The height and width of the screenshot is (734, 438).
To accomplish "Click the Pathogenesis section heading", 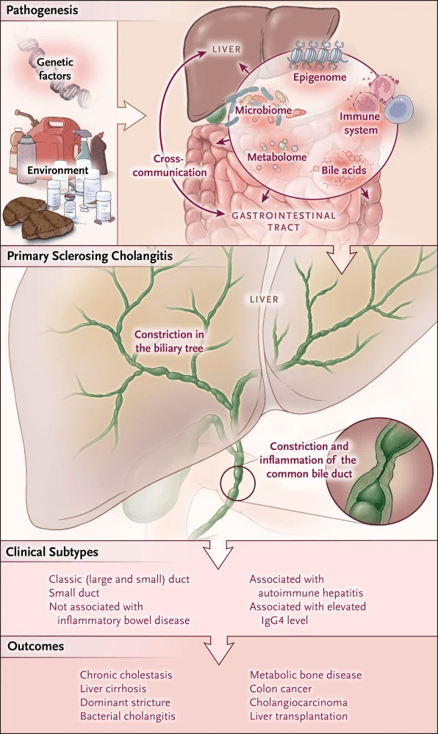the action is tap(42, 10).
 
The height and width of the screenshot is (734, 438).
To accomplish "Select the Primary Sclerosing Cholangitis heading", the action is tap(90, 256).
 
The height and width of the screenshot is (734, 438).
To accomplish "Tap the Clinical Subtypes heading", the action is tap(52, 552).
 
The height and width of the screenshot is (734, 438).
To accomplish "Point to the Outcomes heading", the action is tap(35, 647).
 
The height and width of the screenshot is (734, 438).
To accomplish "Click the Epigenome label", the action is tap(320, 77).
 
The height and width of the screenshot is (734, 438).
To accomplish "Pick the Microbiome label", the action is tap(263, 111).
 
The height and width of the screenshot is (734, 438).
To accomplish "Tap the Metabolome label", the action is tap(277, 157).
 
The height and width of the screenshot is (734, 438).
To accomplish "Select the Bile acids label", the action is tap(343, 170).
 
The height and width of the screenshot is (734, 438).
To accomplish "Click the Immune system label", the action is tap(360, 123).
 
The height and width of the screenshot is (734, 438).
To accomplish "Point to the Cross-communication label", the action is tap(170, 165).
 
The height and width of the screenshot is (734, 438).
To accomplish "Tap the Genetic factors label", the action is tap(55, 69).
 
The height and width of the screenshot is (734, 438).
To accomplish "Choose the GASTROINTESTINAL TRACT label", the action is tap(284, 222).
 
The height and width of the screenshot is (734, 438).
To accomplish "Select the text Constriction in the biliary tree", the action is tap(169, 341).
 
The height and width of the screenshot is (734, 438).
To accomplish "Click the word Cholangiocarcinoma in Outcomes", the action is tap(298, 702).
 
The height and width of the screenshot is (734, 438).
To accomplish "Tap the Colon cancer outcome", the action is tap(281, 688).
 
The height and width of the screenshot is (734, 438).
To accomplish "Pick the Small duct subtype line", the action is tap(74, 592).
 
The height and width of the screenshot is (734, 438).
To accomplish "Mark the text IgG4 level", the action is tap(284, 621).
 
